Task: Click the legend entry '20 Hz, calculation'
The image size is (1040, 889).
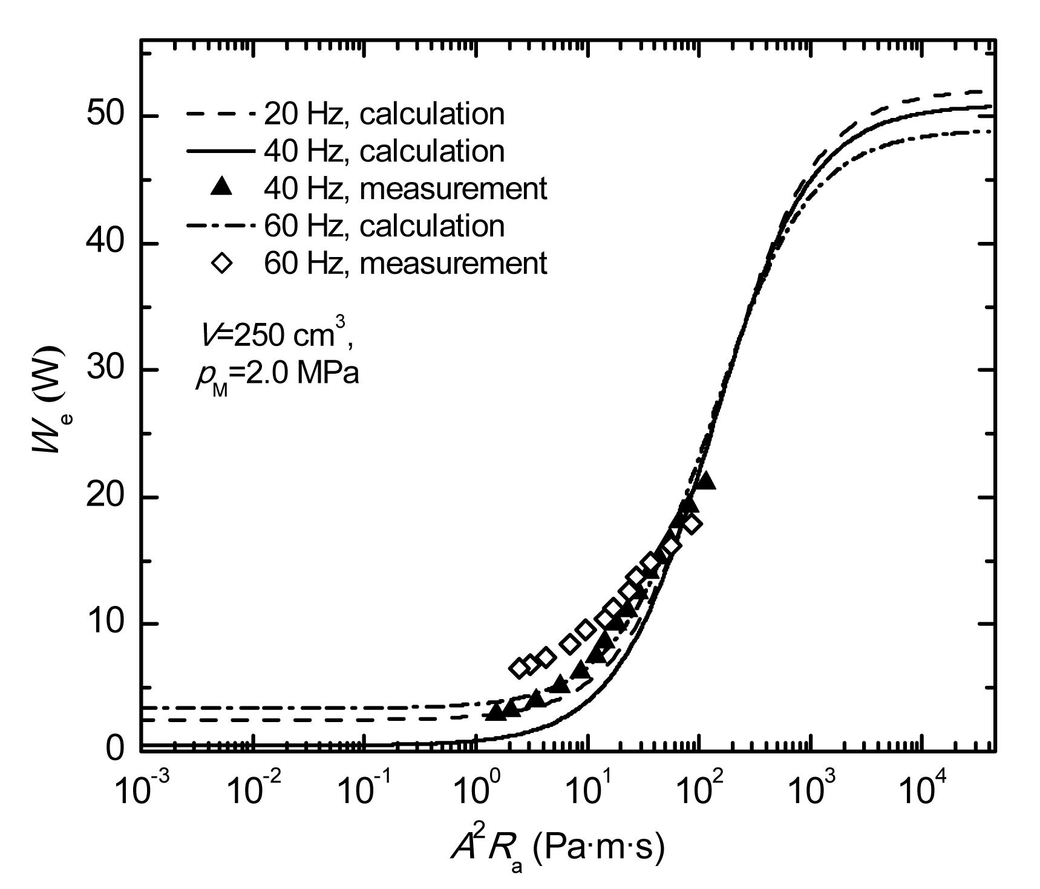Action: pos(384,114)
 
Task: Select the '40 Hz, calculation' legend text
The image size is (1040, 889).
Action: pos(384,151)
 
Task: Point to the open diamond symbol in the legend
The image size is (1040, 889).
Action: pos(223,264)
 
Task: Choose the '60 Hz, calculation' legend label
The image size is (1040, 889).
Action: pos(384,226)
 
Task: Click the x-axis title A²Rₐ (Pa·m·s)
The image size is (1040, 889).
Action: pos(557,848)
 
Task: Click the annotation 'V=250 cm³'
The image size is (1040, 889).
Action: pos(278,334)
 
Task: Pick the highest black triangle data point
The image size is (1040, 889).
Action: pos(705,481)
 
